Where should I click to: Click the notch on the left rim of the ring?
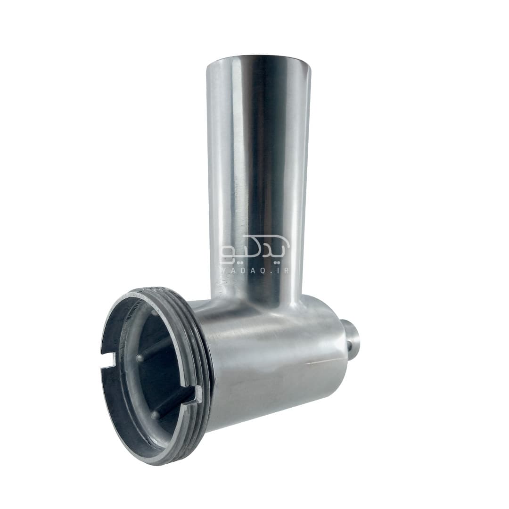tap(109, 361)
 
